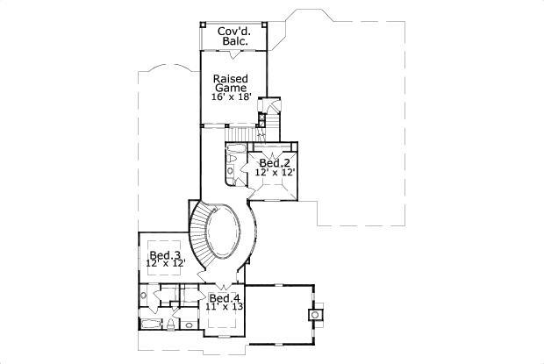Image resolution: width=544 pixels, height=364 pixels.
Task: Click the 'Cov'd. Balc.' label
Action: [x=233, y=36]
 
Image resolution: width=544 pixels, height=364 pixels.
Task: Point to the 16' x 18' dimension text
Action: [x=233, y=96]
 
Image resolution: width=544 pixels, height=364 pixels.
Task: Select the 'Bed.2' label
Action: [x=275, y=163]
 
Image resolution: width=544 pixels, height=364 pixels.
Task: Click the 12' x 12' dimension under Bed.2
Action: [x=275, y=174]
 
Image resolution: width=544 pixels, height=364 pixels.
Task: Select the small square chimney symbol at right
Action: [x=315, y=312]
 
